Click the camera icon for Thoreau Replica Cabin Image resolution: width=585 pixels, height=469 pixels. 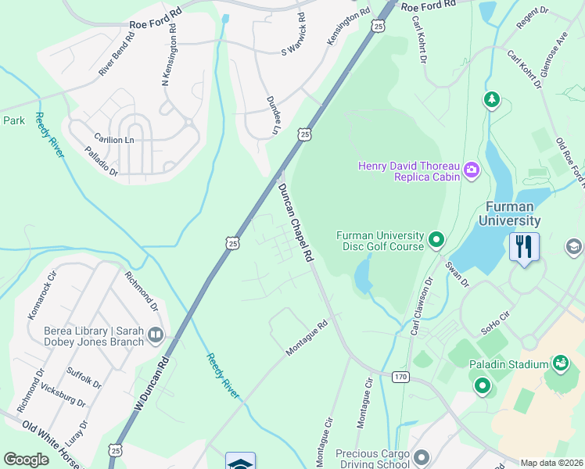pos(471,170)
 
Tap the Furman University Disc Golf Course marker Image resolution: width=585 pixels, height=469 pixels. pos(436,240)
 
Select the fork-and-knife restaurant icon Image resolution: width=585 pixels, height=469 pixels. pos(524,248)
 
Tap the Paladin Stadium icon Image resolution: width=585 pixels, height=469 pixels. pos(561,363)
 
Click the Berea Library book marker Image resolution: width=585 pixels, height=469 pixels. pos(155,335)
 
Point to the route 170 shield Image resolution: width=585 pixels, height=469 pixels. pos(400,377)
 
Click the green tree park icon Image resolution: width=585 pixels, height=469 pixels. pos(491,100)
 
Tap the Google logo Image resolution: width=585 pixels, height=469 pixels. pos(26,460)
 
